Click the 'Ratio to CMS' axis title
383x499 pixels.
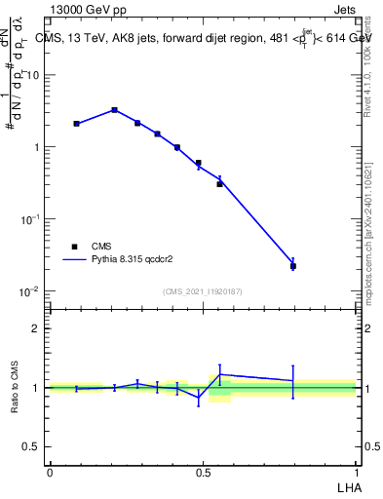click(x=16, y=388)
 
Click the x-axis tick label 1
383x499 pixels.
click(x=357, y=472)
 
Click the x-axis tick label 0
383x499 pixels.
click(x=50, y=472)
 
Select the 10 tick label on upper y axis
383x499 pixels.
click(x=32, y=75)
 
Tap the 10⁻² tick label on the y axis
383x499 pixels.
click(x=29, y=291)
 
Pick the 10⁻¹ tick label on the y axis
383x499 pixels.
click(x=29, y=219)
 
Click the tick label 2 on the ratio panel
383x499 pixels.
click(x=36, y=328)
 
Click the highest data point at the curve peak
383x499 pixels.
click(x=114, y=110)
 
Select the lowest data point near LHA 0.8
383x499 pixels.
click(x=292, y=265)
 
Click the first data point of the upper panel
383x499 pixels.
click(x=76, y=124)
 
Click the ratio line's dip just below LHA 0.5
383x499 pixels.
click(x=199, y=398)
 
